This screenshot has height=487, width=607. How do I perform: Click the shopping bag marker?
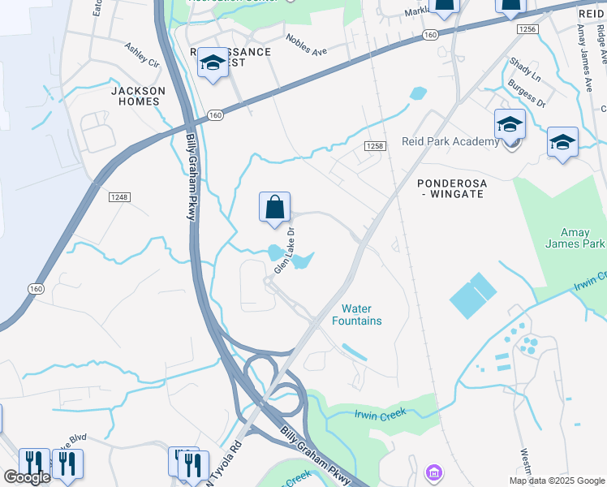coord(275,208)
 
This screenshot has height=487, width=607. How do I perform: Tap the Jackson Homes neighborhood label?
coord(137,96)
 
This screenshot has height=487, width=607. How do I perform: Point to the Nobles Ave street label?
coord(306,45)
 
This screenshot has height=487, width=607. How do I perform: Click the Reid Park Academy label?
coord(450,142)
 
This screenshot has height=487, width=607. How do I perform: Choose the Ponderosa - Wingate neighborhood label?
coord(452,189)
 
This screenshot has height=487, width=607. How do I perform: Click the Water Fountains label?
coord(361,314)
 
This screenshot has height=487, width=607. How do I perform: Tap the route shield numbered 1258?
coord(374,146)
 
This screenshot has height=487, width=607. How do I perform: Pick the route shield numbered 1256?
coord(527,29)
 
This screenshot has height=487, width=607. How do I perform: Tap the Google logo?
coord(27,477)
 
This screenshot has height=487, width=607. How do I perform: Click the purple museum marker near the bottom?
coord(433,472)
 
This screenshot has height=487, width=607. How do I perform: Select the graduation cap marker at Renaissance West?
coord(213,63)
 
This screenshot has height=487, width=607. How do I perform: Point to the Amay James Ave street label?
coord(585,49)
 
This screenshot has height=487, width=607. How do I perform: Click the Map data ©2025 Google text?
coord(556,481)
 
